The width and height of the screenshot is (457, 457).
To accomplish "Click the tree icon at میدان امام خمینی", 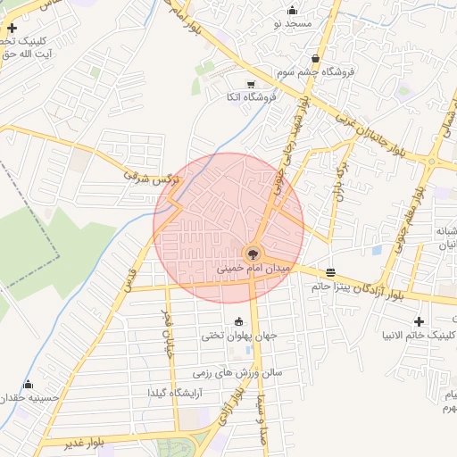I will point(252,253).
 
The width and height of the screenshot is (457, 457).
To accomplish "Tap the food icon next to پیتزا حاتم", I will point(332,272).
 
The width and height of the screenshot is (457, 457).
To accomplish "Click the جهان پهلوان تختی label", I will point(238,337).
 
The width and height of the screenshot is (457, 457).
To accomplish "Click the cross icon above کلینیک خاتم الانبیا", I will point(419,320).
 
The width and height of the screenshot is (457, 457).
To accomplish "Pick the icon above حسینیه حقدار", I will point(28,384).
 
